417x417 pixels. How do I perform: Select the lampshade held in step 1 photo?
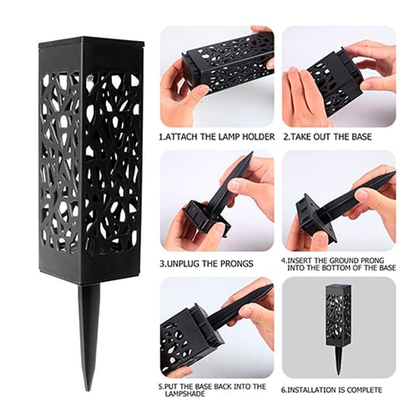click(227, 63)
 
